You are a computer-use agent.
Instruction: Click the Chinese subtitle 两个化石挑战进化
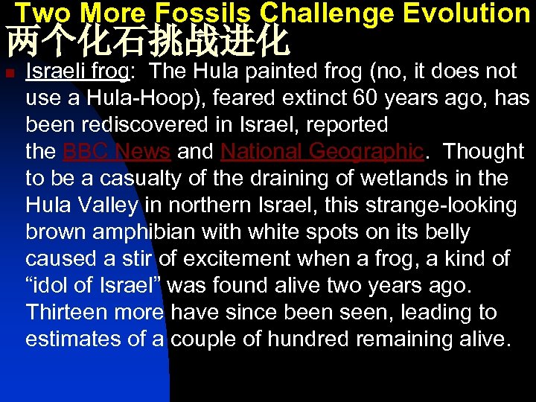[147, 42]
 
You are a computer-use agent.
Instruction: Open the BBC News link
[118, 152]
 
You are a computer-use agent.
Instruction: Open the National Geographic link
[322, 152]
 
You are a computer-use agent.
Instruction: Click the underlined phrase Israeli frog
[77, 71]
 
